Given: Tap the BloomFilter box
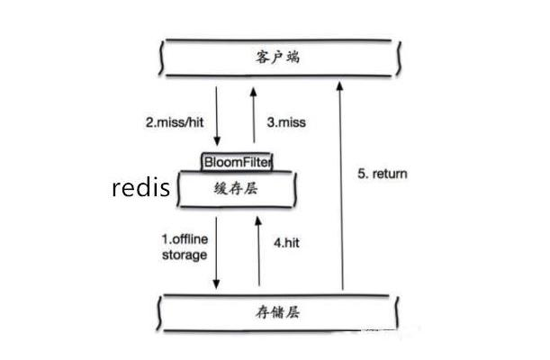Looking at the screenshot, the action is coord(237,162).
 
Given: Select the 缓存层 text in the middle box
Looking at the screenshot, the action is coord(237,189).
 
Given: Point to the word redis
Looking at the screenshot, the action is coord(140,189).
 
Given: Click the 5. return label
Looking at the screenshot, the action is coord(383,172).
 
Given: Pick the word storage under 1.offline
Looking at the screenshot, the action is coord(184,255).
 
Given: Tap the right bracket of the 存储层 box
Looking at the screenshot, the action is coord(396,313).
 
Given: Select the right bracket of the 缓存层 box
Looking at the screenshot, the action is coord(296,190).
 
